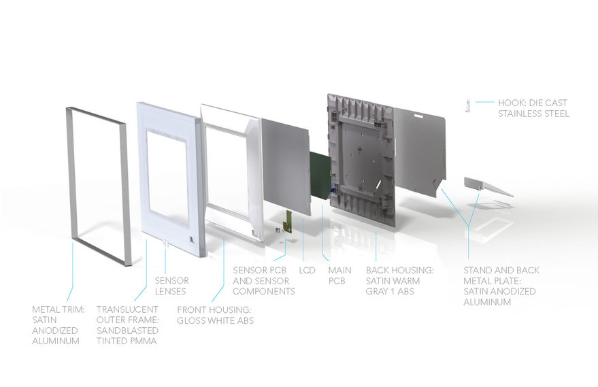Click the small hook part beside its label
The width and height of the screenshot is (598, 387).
pyautogui.click(x=468, y=104)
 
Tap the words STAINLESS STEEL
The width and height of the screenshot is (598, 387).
pyautogui.click(x=533, y=114)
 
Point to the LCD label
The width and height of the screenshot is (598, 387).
pyautogui.click(x=308, y=270)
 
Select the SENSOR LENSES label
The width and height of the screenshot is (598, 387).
pyautogui.click(x=172, y=286)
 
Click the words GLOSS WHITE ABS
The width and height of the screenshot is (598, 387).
pyautogui.click(x=215, y=320)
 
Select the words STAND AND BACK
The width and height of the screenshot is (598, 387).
pyautogui.click(x=502, y=270)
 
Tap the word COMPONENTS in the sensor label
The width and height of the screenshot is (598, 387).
pyautogui.click(x=264, y=291)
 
